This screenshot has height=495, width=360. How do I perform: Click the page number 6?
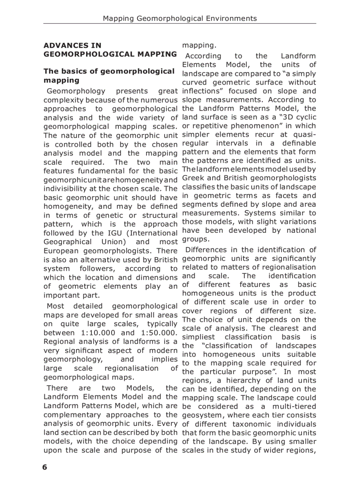[45, 468]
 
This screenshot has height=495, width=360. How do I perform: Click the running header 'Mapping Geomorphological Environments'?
[180, 19]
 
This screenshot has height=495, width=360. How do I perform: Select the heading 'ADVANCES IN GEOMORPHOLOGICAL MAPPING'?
[110, 50]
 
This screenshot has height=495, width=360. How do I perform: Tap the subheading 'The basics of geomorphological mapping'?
[109, 75]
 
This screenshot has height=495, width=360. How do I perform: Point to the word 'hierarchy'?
[241, 380]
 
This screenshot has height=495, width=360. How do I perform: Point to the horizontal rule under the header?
[180, 24]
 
